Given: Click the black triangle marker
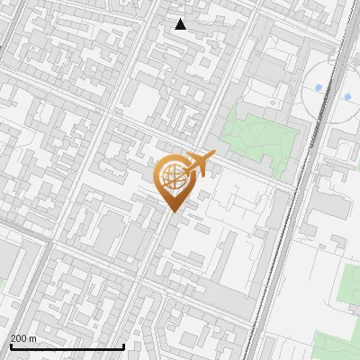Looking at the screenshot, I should (x=181, y=24).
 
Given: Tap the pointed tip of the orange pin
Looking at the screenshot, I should (x=173, y=212).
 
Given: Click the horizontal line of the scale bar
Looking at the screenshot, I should (x=67, y=346).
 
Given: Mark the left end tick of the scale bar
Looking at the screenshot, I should (x=10, y=345).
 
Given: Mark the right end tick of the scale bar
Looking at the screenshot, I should (x=123, y=345).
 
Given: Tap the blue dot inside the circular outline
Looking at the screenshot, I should (x=319, y=87).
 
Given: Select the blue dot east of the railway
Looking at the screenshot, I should (x=347, y=96).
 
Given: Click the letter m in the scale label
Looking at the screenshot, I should (x=32, y=338).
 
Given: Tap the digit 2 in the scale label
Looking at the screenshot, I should (x=13, y=338).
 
